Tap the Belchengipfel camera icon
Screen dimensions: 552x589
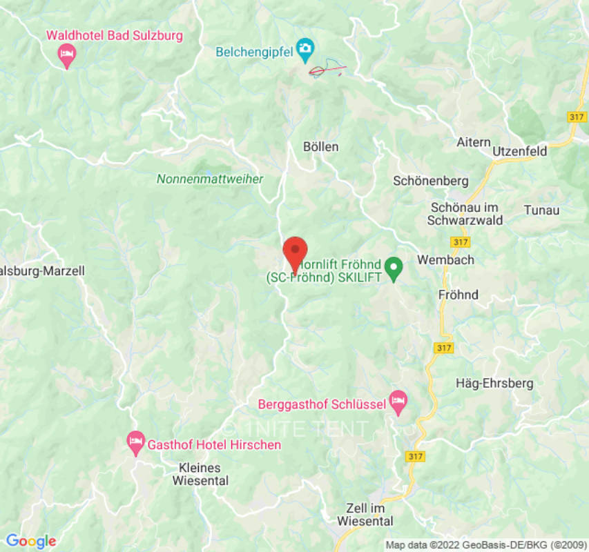coord(305,49)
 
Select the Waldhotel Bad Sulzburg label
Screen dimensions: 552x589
coord(114,35)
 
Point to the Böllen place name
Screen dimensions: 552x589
coord(321,147)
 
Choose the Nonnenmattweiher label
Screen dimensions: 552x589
coord(210,179)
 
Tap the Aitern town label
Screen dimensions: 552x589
coord(474,142)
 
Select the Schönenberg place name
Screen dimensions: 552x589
coord(431,181)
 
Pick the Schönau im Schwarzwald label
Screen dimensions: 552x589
coord(465,214)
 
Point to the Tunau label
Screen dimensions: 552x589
coord(542,210)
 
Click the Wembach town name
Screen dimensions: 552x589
coord(445,260)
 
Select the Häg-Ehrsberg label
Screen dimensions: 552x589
coord(495,384)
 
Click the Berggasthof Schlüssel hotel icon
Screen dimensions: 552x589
coord(398,400)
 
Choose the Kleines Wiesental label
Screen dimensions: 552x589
coord(199,474)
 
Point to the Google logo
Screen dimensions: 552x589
coord(30,542)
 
